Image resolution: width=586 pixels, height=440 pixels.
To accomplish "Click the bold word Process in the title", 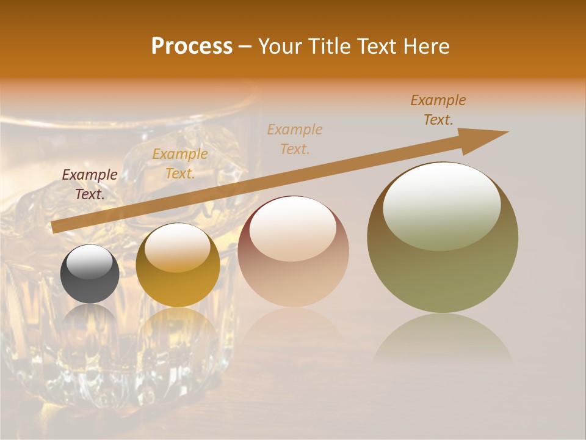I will coord(192,46).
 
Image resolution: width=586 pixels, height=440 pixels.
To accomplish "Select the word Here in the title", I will coord(425,46).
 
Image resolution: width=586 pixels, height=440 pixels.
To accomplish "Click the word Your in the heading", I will coord(281,46).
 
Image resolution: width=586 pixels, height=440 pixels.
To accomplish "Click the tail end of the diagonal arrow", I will coord(56,227).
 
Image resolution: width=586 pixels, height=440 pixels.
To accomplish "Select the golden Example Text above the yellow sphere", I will coord(179,164).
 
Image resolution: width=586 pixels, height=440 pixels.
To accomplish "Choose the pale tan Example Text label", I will coord(295,139).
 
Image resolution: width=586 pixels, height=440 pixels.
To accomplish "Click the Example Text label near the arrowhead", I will coord(438,110).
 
